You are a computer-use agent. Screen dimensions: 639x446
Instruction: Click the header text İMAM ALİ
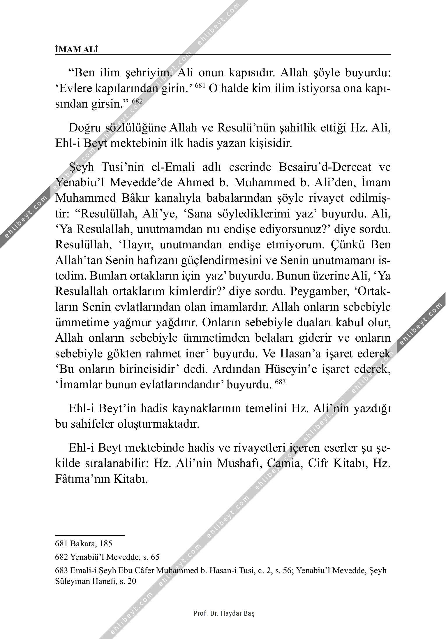[x=77, y=50]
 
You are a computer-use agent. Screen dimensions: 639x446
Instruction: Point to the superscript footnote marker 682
[x=137, y=101]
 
